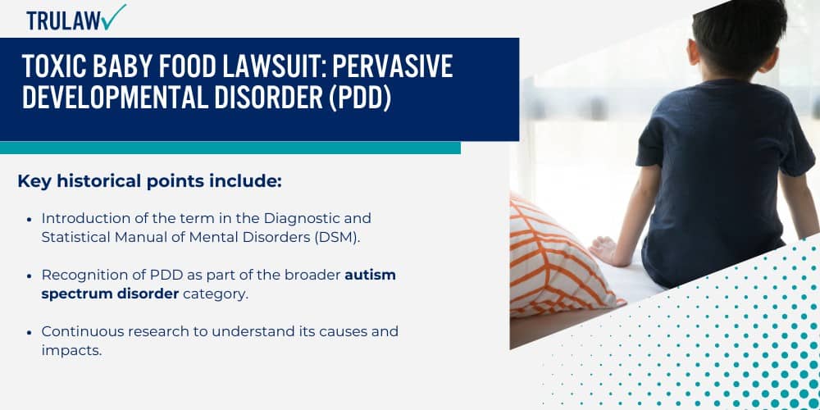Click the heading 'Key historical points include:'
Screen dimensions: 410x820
149,182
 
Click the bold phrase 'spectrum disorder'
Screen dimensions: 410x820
110,294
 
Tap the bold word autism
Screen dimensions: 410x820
370,275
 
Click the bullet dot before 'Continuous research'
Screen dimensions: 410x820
30,332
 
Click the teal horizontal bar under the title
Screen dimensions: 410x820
230,148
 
